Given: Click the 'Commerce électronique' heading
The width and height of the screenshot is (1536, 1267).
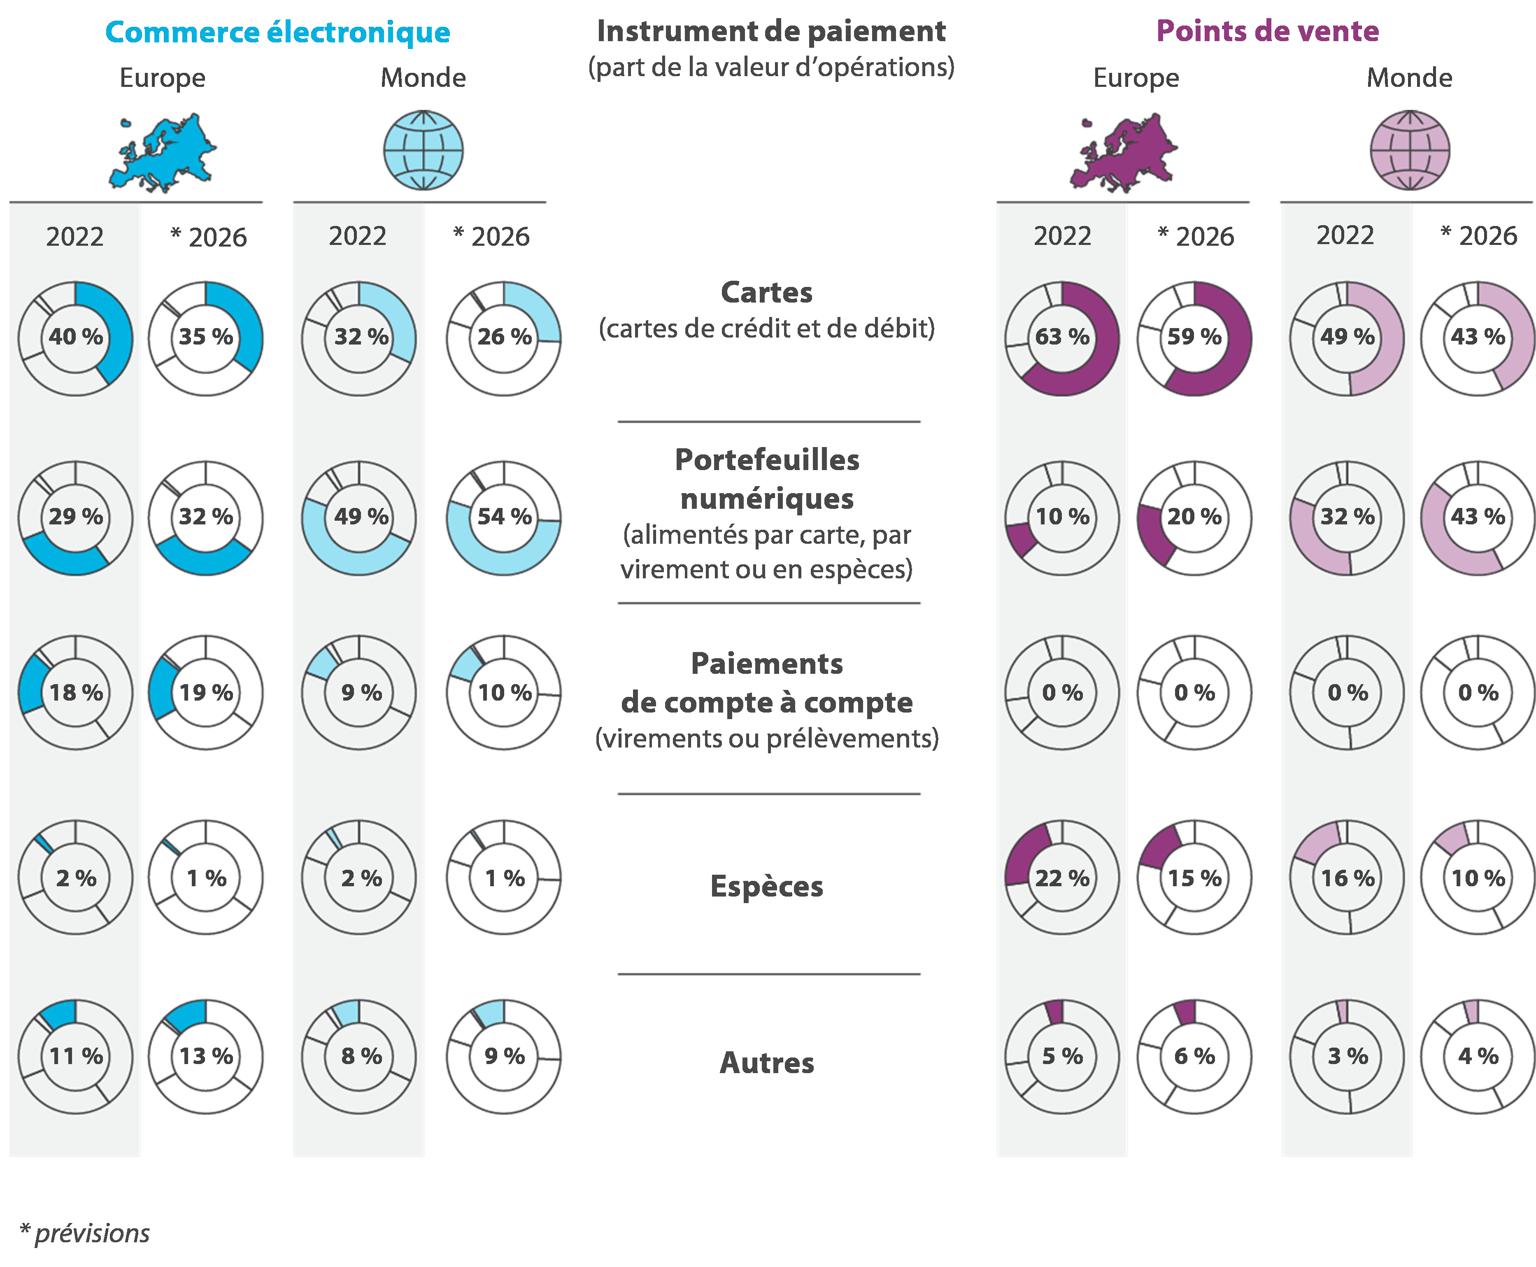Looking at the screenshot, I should point(277,32).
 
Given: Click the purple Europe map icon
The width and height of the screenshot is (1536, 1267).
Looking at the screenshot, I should point(1124,152).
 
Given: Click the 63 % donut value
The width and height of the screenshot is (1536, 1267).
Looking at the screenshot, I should point(1062,337).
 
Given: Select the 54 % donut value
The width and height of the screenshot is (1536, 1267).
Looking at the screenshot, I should point(504,517).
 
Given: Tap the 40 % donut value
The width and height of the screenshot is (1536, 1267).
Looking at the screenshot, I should point(76,337).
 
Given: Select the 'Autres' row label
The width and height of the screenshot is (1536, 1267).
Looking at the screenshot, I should point(767,1063).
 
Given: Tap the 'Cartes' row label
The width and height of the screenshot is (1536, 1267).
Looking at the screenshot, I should point(767,293).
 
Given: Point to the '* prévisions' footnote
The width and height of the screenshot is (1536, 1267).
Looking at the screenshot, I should point(85,1233).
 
